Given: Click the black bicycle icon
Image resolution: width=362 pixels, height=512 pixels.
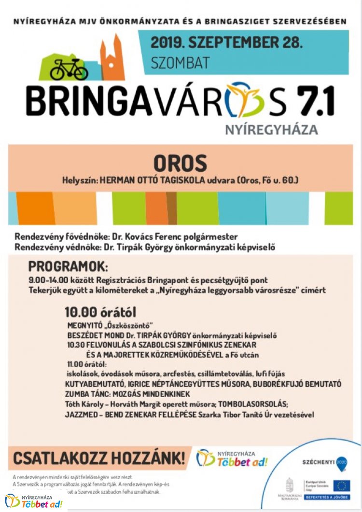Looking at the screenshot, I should click(69, 69).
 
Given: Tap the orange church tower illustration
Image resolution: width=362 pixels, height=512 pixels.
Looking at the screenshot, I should click(112, 58).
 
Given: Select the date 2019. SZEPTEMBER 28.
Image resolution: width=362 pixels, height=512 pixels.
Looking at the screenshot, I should click(226, 42).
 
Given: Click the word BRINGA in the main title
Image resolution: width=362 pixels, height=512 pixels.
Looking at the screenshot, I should click(86, 101).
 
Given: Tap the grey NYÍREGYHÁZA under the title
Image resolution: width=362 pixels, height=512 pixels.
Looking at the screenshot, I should click(271, 129).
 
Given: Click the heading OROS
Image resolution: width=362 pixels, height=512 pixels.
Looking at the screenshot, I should click(180, 164).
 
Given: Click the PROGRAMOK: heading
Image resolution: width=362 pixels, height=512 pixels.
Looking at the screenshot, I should click(68, 266).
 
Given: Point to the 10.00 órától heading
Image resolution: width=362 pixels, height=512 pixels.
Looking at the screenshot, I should click(100, 312).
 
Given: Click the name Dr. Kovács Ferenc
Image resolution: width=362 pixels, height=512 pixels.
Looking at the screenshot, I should click(143, 237).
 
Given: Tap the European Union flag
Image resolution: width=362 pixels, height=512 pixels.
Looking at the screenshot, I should click(341, 485).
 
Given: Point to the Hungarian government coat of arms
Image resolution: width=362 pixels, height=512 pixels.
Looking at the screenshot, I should click(290, 485).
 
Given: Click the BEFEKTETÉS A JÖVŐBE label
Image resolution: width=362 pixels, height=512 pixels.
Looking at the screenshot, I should click(327, 497).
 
